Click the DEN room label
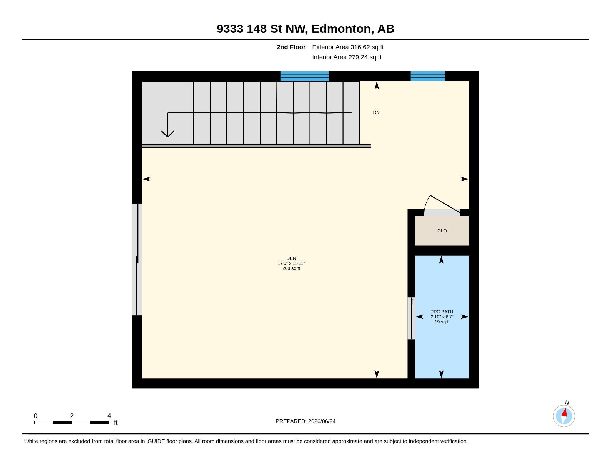click(291, 258)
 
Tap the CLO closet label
click(442, 231)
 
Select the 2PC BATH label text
click(442, 312)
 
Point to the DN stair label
click(376, 112)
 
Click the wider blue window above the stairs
click(304, 76)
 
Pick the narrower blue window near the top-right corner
click(427, 76)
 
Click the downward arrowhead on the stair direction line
click(167, 134)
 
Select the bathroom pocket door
click(411, 318)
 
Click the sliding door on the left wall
click(137, 259)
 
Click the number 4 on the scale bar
click(109, 416)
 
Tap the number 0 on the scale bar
click(36, 416)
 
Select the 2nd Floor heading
click(291, 47)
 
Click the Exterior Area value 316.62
click(360, 47)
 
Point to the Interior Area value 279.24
click(358, 57)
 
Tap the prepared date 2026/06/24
click(322, 421)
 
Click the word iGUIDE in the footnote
click(155, 441)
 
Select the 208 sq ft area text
click(291, 268)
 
